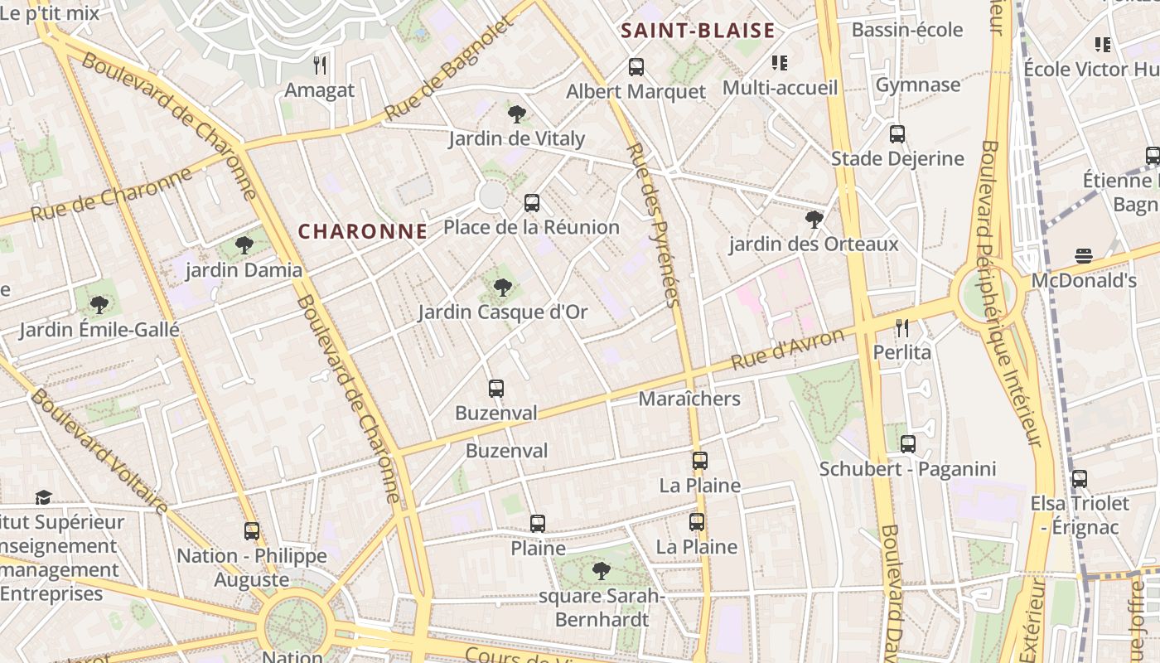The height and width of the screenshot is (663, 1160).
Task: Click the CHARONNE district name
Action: coord(363,231)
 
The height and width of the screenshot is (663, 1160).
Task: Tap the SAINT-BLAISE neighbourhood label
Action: coord(698,31)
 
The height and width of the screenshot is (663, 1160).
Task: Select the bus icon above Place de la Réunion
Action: coord(532,202)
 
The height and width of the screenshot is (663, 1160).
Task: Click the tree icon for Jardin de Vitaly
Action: coord(517,114)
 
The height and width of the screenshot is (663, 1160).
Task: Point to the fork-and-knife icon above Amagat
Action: coord(320,65)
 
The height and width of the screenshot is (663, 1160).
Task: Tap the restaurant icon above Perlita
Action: coord(902,327)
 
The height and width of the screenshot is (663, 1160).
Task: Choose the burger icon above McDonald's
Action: coord(1084,256)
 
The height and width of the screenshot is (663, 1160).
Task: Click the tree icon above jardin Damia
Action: coord(244,244)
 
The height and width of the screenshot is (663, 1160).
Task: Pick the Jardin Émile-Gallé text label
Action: coord(99,330)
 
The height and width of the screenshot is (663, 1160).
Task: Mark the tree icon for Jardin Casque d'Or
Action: coord(502,287)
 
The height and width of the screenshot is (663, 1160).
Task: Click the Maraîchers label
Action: coord(689,399)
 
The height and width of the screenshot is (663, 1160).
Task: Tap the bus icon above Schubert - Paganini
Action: coord(908,443)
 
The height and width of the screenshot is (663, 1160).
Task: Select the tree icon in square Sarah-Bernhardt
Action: coord(602,570)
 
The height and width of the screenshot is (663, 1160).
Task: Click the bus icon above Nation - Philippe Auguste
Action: coord(252,530)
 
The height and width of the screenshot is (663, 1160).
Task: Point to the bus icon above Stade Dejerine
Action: coord(897,133)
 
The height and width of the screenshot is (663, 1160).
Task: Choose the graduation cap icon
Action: coord(43,497)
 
